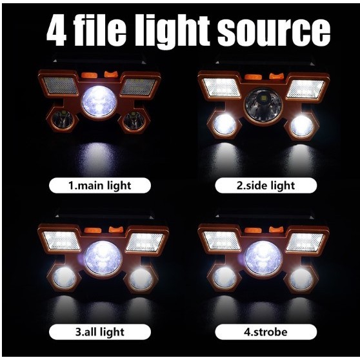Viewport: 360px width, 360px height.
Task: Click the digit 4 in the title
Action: point(57,31)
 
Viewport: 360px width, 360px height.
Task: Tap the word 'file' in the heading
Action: point(101,30)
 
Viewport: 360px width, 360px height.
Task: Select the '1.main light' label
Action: point(100,186)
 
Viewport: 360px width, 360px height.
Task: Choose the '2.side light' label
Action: point(266,186)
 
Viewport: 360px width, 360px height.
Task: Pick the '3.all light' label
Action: point(100,332)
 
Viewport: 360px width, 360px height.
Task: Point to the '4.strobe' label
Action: point(266,332)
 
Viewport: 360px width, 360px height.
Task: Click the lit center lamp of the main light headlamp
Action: point(99,101)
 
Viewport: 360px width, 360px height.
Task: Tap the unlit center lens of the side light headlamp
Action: point(263,105)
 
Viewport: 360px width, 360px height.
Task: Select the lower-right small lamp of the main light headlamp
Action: point(134,121)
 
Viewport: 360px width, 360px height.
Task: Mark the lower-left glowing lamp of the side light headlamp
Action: point(225,125)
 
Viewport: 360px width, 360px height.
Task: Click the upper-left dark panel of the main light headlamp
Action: point(61,85)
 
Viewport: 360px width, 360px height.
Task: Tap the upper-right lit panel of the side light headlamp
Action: point(306,88)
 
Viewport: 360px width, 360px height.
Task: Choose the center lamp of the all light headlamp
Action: point(103,258)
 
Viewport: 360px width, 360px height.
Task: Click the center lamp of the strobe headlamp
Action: point(263,258)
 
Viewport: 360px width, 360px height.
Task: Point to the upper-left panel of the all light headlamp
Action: point(61,241)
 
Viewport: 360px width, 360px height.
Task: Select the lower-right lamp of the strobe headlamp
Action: point(301,279)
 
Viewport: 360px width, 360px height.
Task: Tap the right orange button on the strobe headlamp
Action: point(276,230)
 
